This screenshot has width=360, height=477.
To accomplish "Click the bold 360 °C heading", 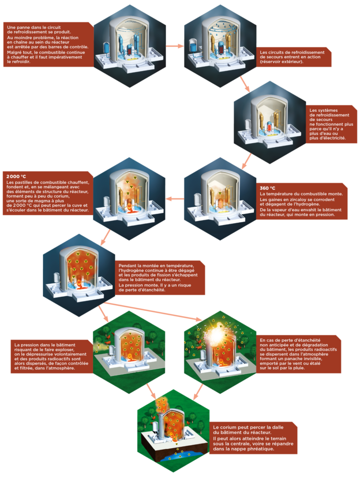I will click(x=267, y=188).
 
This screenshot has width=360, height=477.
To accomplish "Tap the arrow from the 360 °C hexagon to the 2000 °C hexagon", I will click(x=175, y=199).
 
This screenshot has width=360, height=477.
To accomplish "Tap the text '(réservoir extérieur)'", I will click(x=282, y=61).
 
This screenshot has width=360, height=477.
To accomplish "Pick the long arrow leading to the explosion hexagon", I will click(x=154, y=311).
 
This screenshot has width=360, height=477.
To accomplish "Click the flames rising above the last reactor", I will click(x=163, y=403).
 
